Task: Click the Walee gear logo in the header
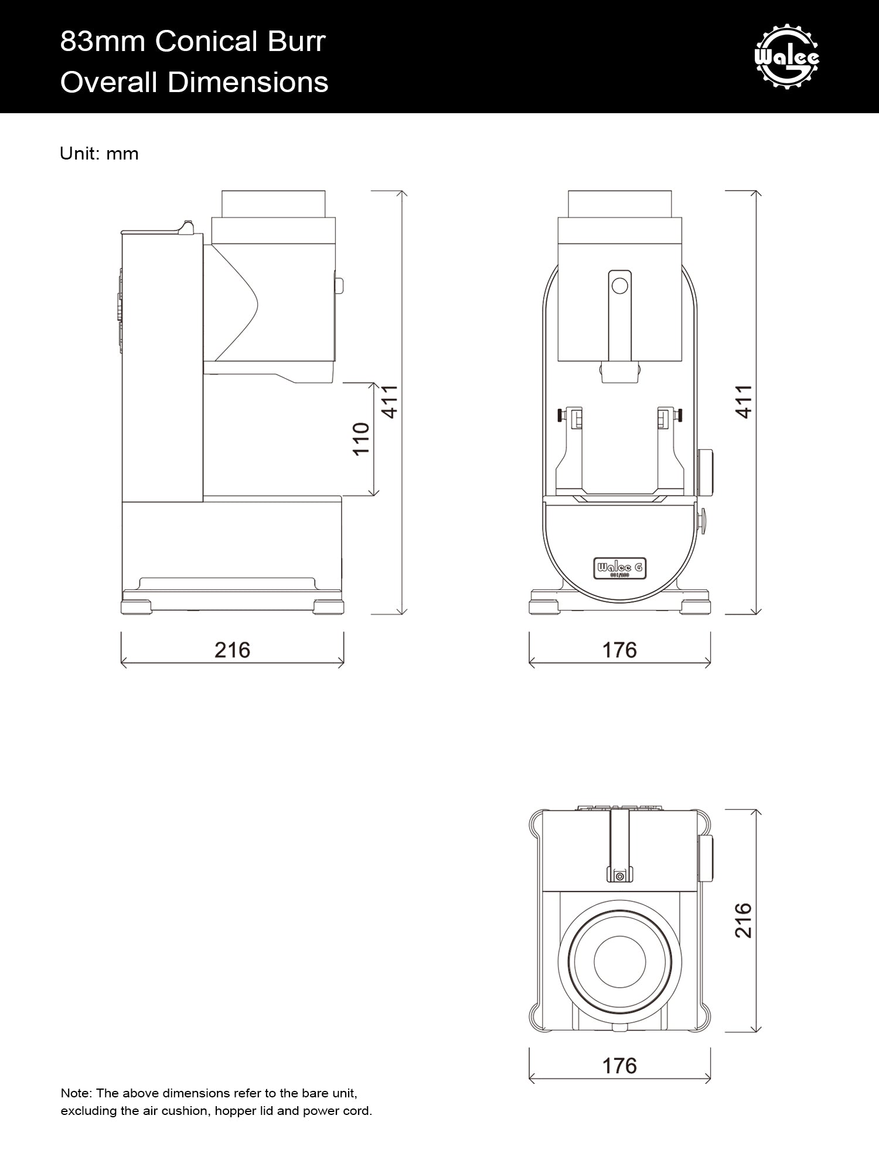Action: point(787,56)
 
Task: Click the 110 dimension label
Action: point(361,439)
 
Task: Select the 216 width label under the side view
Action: point(232,650)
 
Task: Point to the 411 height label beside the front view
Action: point(743,402)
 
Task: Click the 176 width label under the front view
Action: point(619,650)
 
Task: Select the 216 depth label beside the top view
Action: point(743,920)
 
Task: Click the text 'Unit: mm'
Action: point(99,154)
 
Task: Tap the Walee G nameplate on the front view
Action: point(620,568)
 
